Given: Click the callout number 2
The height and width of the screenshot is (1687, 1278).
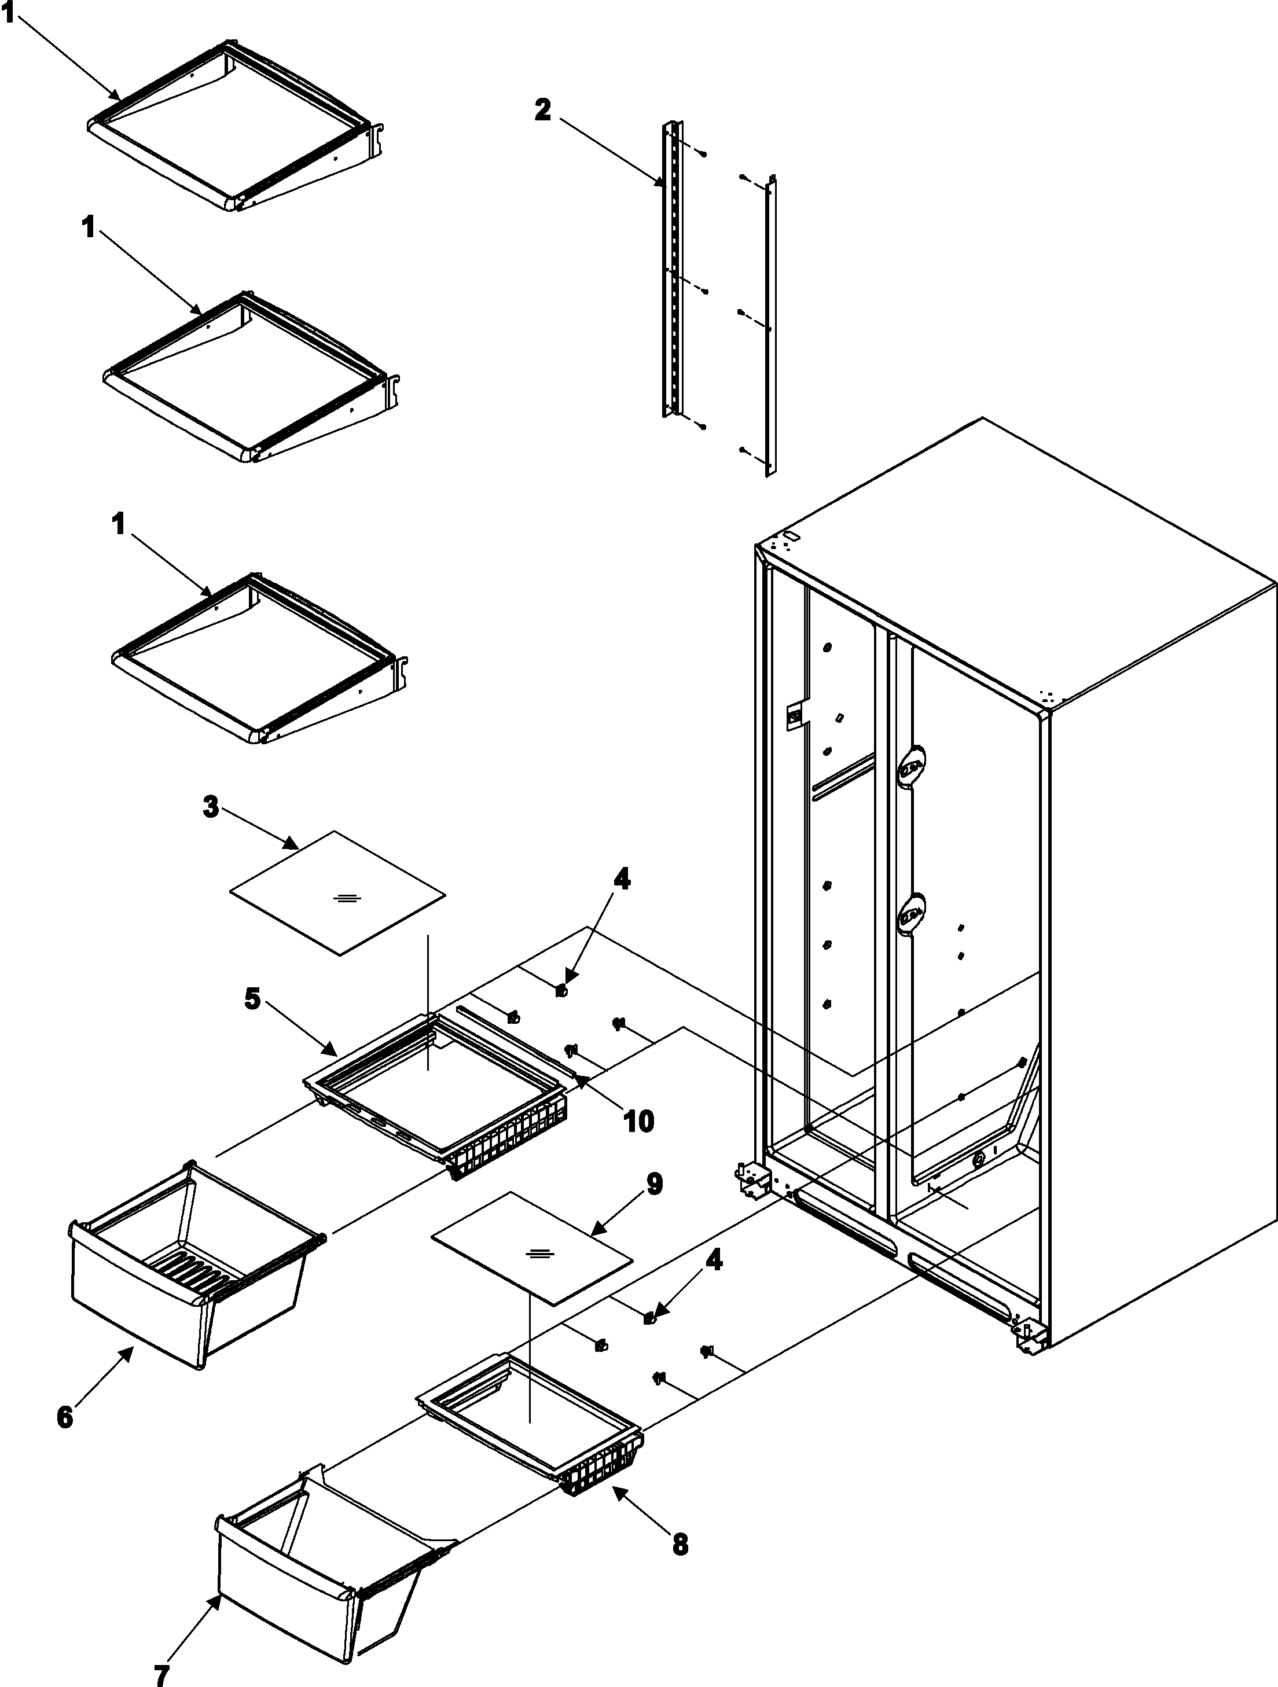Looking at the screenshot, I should [542, 110].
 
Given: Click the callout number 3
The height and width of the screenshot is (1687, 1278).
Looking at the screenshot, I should [211, 806].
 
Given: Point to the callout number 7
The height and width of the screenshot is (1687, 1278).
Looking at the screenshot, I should [161, 1673].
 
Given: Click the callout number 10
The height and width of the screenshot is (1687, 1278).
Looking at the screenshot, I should [638, 1120].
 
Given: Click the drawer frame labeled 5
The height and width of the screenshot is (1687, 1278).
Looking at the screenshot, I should [439, 1090].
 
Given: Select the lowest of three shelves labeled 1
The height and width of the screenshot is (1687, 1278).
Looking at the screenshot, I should [259, 660].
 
